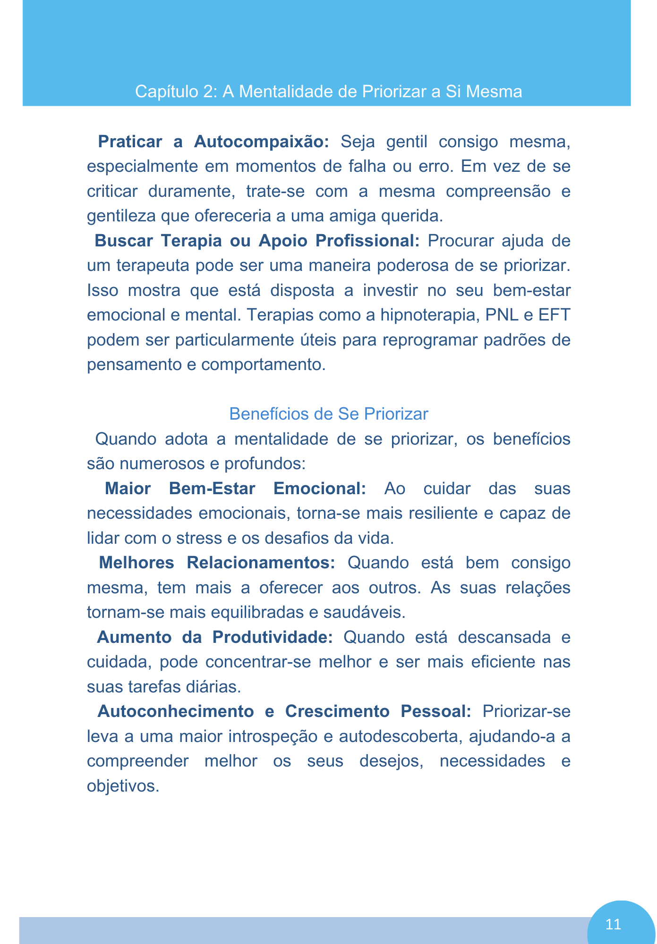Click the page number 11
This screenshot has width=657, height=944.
613,924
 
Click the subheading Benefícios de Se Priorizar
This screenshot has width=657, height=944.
328,413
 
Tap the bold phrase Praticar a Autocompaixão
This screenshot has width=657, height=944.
213,142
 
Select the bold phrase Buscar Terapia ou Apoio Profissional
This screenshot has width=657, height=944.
257,241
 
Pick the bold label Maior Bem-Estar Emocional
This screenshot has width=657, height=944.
235,488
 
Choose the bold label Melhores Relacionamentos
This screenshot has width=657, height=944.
217,563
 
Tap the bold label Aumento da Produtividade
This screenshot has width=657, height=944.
214,637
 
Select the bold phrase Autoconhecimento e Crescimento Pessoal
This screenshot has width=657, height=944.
284,711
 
